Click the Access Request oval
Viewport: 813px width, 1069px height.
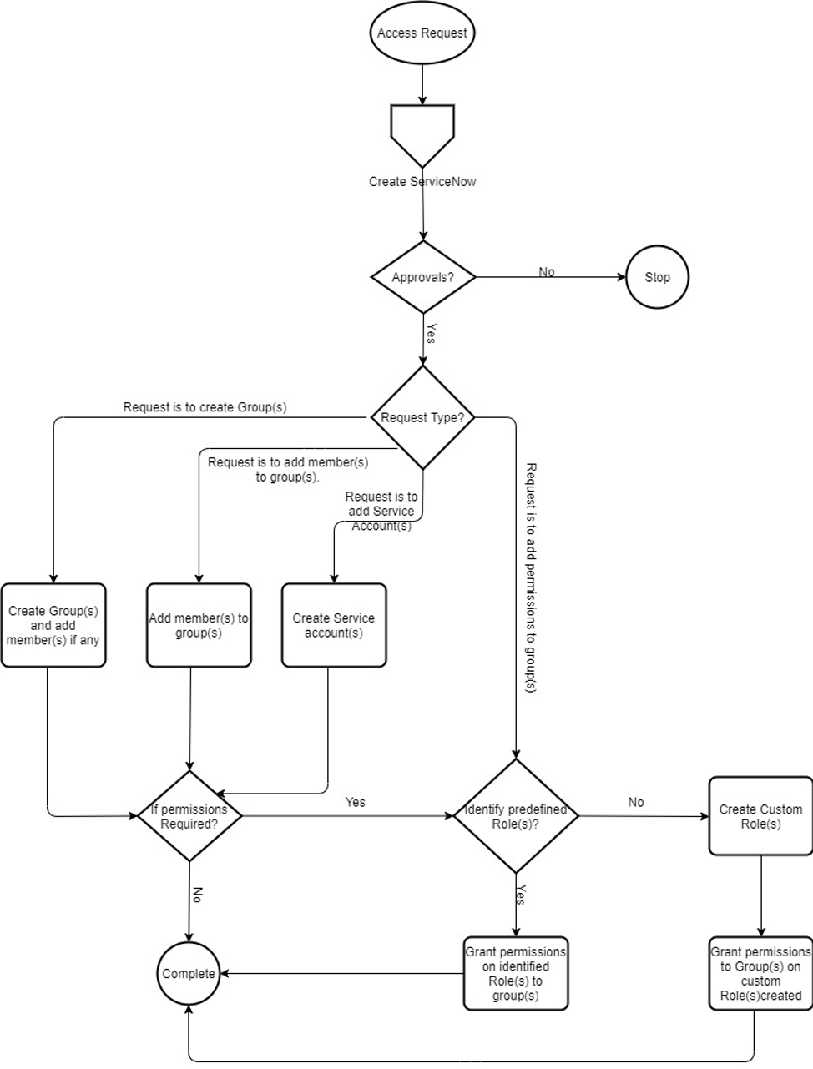(422, 33)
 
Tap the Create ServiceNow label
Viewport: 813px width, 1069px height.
(422, 182)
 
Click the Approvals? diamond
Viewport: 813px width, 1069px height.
(423, 277)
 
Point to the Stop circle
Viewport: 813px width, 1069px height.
(657, 277)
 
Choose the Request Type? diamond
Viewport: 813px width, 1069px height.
(422, 417)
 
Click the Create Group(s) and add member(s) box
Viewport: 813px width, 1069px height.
(53, 625)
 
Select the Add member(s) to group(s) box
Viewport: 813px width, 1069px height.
(199, 625)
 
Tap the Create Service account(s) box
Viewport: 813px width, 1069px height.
(334, 625)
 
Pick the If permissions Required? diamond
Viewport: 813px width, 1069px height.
(189, 816)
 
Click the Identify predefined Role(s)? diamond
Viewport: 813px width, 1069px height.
(516, 816)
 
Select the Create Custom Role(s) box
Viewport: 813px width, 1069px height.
(760, 816)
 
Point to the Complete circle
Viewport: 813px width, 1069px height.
(189, 974)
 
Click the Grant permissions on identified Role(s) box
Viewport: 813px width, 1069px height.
(516, 974)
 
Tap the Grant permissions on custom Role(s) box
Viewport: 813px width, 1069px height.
(760, 974)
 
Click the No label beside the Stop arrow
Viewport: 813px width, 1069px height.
(547, 272)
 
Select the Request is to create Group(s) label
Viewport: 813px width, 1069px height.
(205, 407)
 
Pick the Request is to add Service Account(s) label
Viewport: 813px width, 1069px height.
(381, 511)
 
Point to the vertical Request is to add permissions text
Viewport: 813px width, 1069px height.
(530, 577)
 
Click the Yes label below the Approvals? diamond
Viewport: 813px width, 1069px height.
(431, 333)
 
